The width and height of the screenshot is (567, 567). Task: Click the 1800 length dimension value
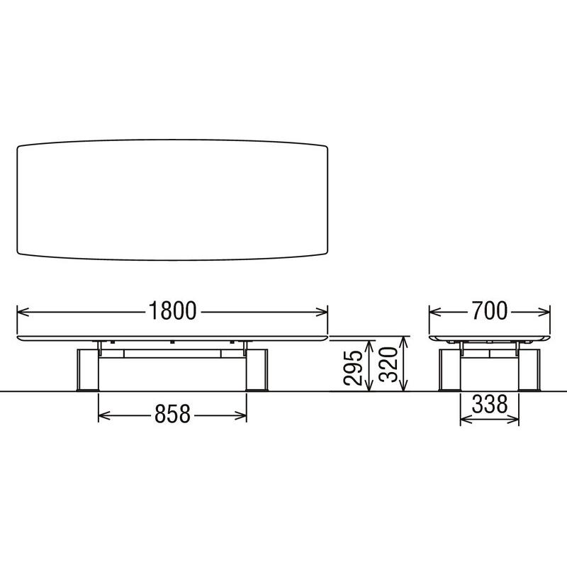tap(172, 311)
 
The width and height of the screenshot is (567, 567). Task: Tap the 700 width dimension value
tap(489, 311)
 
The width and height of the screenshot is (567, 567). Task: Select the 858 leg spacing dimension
tap(172, 414)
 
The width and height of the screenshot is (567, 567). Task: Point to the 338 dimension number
tap(490, 404)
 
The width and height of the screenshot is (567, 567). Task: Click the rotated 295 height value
tap(353, 367)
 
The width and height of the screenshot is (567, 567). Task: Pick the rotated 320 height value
tap(388, 364)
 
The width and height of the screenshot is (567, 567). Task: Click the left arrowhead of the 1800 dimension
tap(23, 312)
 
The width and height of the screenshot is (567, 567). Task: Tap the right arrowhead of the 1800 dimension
tap(322, 312)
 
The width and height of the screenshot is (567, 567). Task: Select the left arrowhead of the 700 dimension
tap(435, 312)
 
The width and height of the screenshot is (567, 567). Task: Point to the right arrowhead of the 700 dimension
tap(544, 312)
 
